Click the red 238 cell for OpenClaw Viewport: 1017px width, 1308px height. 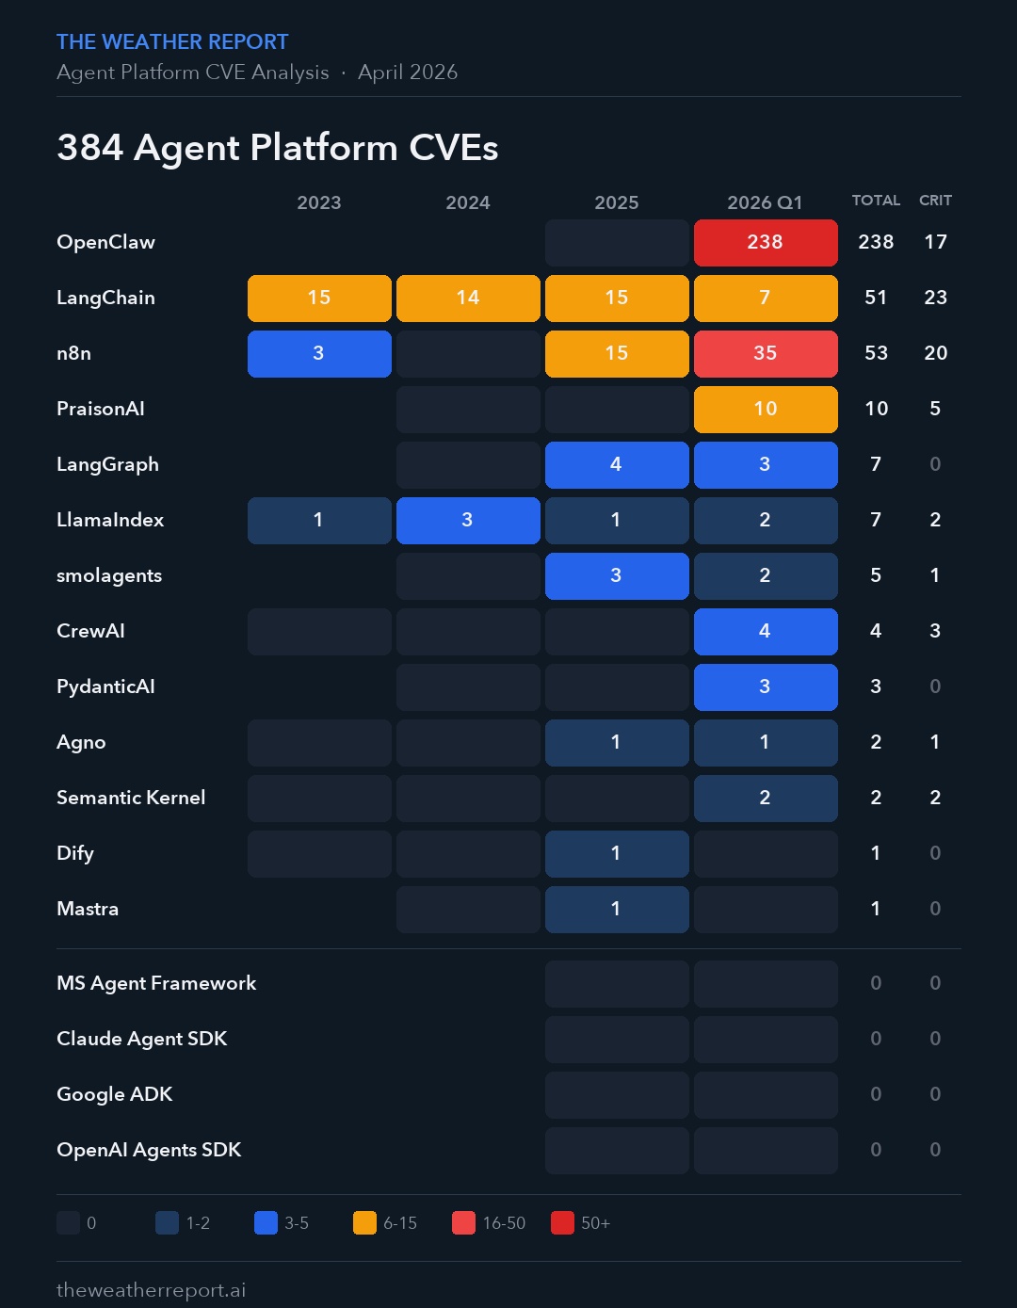coord(766,243)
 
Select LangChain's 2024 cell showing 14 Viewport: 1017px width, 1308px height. coord(468,299)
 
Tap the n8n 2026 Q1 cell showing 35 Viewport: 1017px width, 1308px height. coord(766,354)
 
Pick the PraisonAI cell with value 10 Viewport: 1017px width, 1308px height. coord(766,410)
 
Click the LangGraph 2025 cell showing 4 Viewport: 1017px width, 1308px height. coord(617,465)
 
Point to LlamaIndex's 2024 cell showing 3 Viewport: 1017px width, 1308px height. coord(468,521)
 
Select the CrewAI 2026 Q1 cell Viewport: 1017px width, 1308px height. coord(766,632)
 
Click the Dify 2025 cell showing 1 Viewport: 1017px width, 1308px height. coord(617,854)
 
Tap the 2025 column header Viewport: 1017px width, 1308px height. coord(617,202)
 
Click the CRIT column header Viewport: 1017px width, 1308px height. coord(935,201)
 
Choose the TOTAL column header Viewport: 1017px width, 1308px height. coord(876,201)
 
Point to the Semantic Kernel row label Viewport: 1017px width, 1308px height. coord(131,798)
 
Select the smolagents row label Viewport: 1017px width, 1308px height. coord(109,575)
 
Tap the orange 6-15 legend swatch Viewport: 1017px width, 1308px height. coord(364,1223)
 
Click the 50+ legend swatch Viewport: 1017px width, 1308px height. coord(562,1223)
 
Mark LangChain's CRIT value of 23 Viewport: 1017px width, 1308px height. coord(935,298)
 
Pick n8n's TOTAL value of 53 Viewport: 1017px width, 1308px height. coord(876,353)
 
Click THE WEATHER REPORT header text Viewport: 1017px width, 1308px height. coord(172,42)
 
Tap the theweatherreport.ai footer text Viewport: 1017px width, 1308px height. coord(152,1290)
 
